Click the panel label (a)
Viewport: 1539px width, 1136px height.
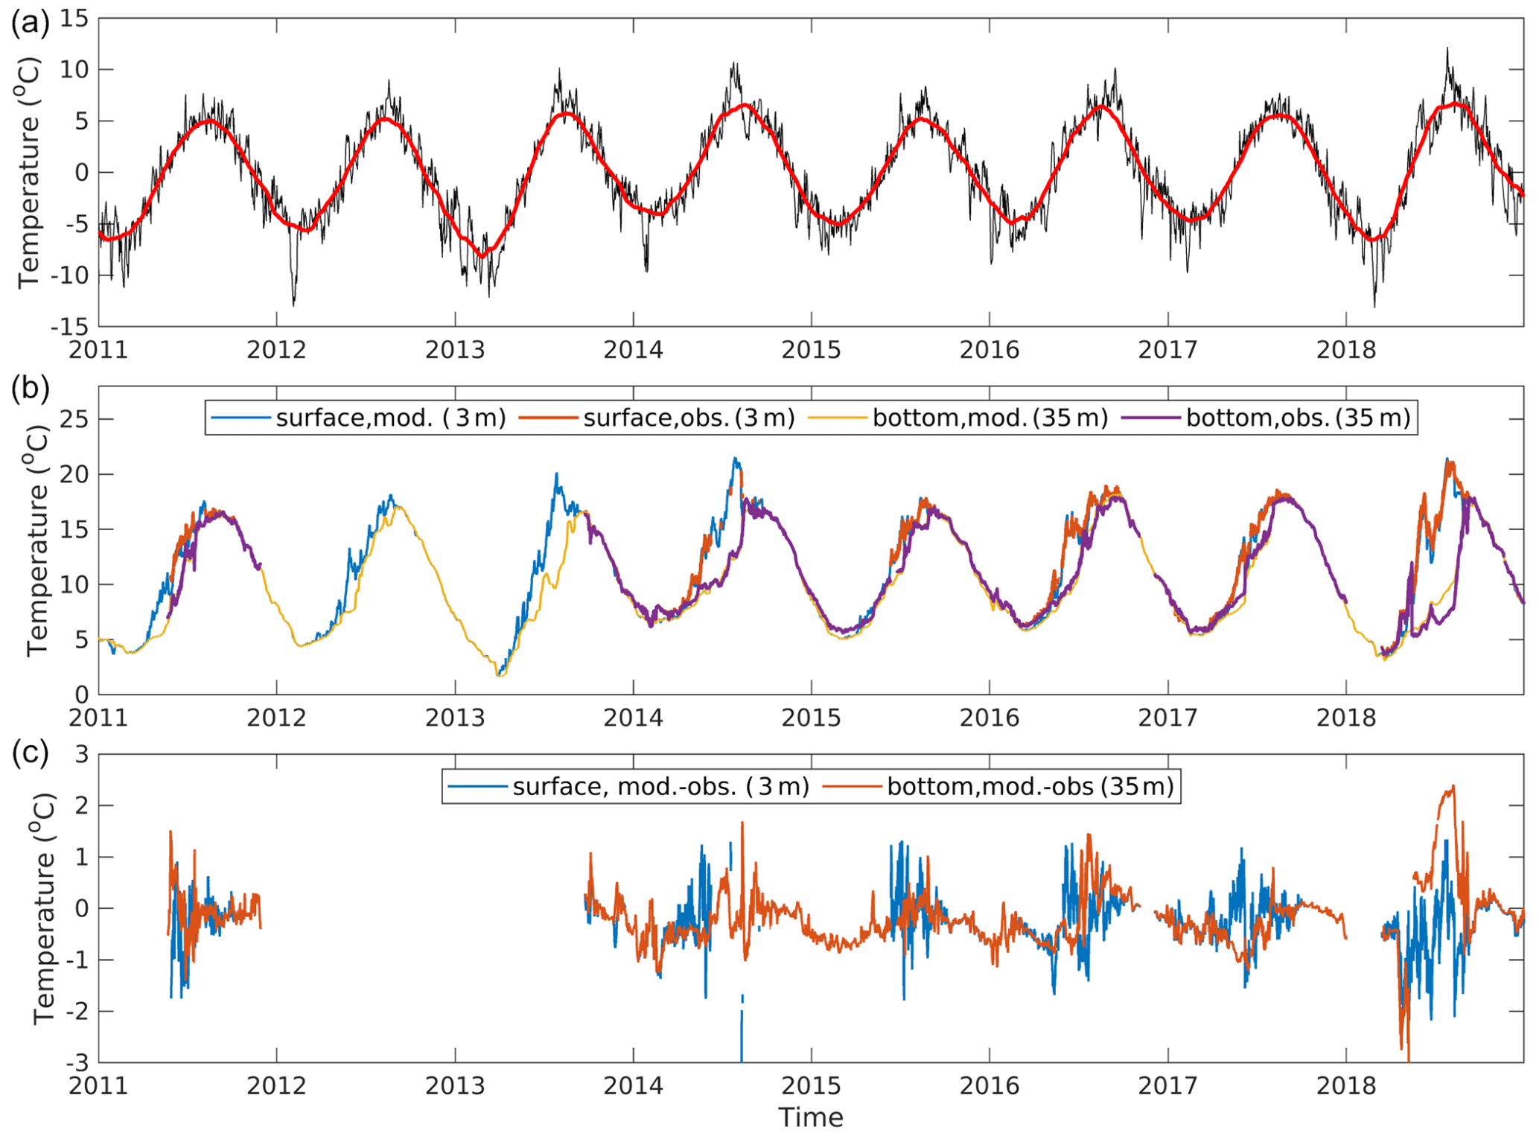(29, 24)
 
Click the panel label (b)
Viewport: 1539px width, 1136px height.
(29, 389)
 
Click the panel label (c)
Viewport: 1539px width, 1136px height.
(29, 753)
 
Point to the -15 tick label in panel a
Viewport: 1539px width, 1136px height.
(69, 327)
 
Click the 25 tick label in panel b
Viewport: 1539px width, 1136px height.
(74, 420)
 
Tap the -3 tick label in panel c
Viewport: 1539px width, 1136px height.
(77, 1062)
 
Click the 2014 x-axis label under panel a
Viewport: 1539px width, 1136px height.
(633, 350)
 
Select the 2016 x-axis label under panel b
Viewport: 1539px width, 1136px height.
(989, 718)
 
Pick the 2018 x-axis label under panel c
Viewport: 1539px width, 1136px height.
(1345, 1086)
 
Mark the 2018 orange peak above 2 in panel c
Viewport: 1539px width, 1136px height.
(1452, 787)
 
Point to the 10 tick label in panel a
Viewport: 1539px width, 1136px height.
(74, 70)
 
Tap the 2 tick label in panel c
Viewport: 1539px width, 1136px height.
(82, 806)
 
